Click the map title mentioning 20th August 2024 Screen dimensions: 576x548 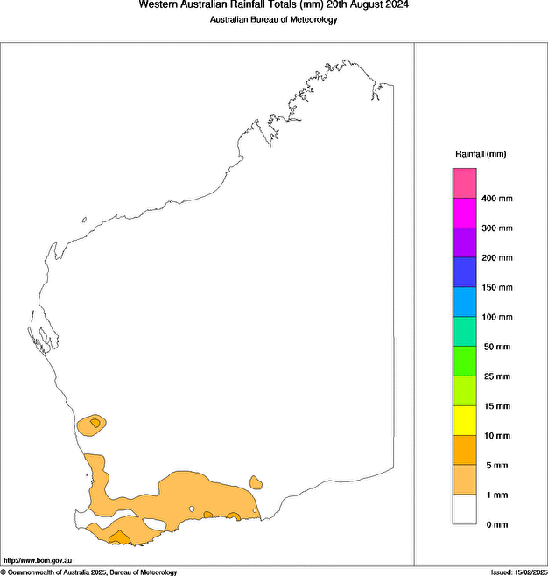point(273,4)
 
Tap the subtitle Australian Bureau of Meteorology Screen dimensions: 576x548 point(273,19)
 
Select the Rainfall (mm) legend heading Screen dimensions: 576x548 point(480,154)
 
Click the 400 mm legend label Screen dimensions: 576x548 point(496,199)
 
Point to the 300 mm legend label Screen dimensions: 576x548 point(496,228)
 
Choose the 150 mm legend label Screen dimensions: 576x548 point(496,287)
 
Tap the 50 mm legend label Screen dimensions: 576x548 point(495,347)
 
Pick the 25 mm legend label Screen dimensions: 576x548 point(495,376)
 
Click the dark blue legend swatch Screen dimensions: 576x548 point(464,272)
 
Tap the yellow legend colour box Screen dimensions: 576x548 point(464,420)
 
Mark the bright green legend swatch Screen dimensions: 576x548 point(464,362)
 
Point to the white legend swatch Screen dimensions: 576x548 point(464,509)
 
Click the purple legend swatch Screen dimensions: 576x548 point(464,242)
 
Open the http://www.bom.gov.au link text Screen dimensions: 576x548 point(38,560)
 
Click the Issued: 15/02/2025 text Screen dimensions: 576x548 point(518,572)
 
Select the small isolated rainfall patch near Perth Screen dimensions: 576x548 point(92,425)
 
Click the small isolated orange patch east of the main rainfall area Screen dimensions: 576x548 point(256,481)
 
